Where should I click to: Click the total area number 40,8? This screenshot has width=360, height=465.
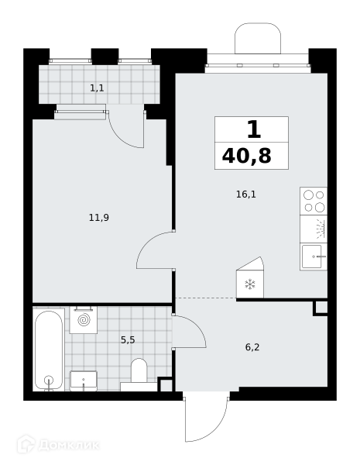tap(246, 156)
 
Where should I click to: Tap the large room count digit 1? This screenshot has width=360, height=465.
tap(254, 129)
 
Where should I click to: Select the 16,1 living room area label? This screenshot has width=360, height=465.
tap(246, 195)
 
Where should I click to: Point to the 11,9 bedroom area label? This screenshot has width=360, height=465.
tap(99, 218)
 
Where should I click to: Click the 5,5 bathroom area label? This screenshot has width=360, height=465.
tap(128, 340)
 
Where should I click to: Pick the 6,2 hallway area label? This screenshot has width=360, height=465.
tap(252, 347)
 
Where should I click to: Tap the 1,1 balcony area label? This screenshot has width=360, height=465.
tap(97, 88)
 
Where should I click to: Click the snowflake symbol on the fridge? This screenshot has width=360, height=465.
tap(250, 284)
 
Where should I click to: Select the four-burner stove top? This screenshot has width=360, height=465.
tap(314, 201)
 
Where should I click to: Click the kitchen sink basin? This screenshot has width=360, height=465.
tap(312, 257)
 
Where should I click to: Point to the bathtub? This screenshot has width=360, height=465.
tap(49, 350)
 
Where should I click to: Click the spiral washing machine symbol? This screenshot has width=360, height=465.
tap(84, 320)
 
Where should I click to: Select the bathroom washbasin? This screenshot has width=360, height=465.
tap(84, 381)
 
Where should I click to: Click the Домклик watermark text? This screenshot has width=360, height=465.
tap(69, 446)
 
